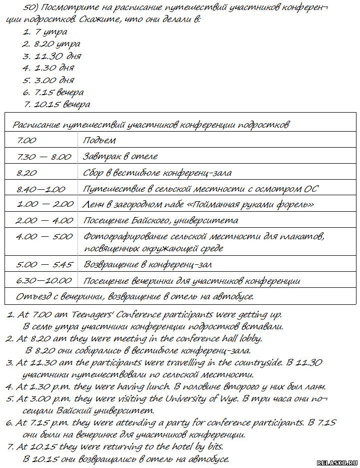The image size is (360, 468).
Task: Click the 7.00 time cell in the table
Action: (x=26, y=140)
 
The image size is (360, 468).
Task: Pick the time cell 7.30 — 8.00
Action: (x=44, y=157)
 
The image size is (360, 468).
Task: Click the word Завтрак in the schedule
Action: (x=100, y=157)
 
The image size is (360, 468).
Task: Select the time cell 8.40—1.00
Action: (x=41, y=189)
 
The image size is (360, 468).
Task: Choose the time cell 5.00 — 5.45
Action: (x=44, y=264)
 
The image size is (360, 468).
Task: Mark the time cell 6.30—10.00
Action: (x=44, y=280)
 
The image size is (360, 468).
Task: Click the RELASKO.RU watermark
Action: (x=337, y=463)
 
